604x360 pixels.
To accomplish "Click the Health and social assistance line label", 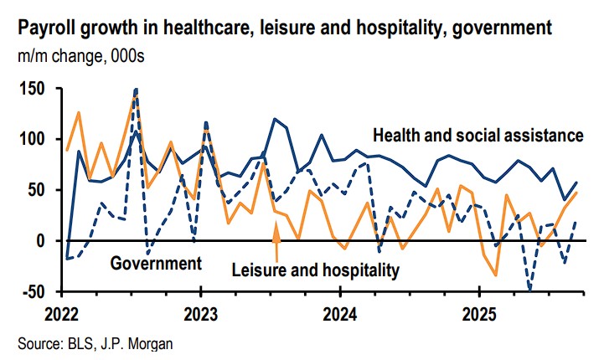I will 478,134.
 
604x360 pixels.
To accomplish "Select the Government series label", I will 155,264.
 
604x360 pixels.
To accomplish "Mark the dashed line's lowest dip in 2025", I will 529,290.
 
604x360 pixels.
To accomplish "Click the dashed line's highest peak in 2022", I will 136,89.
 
